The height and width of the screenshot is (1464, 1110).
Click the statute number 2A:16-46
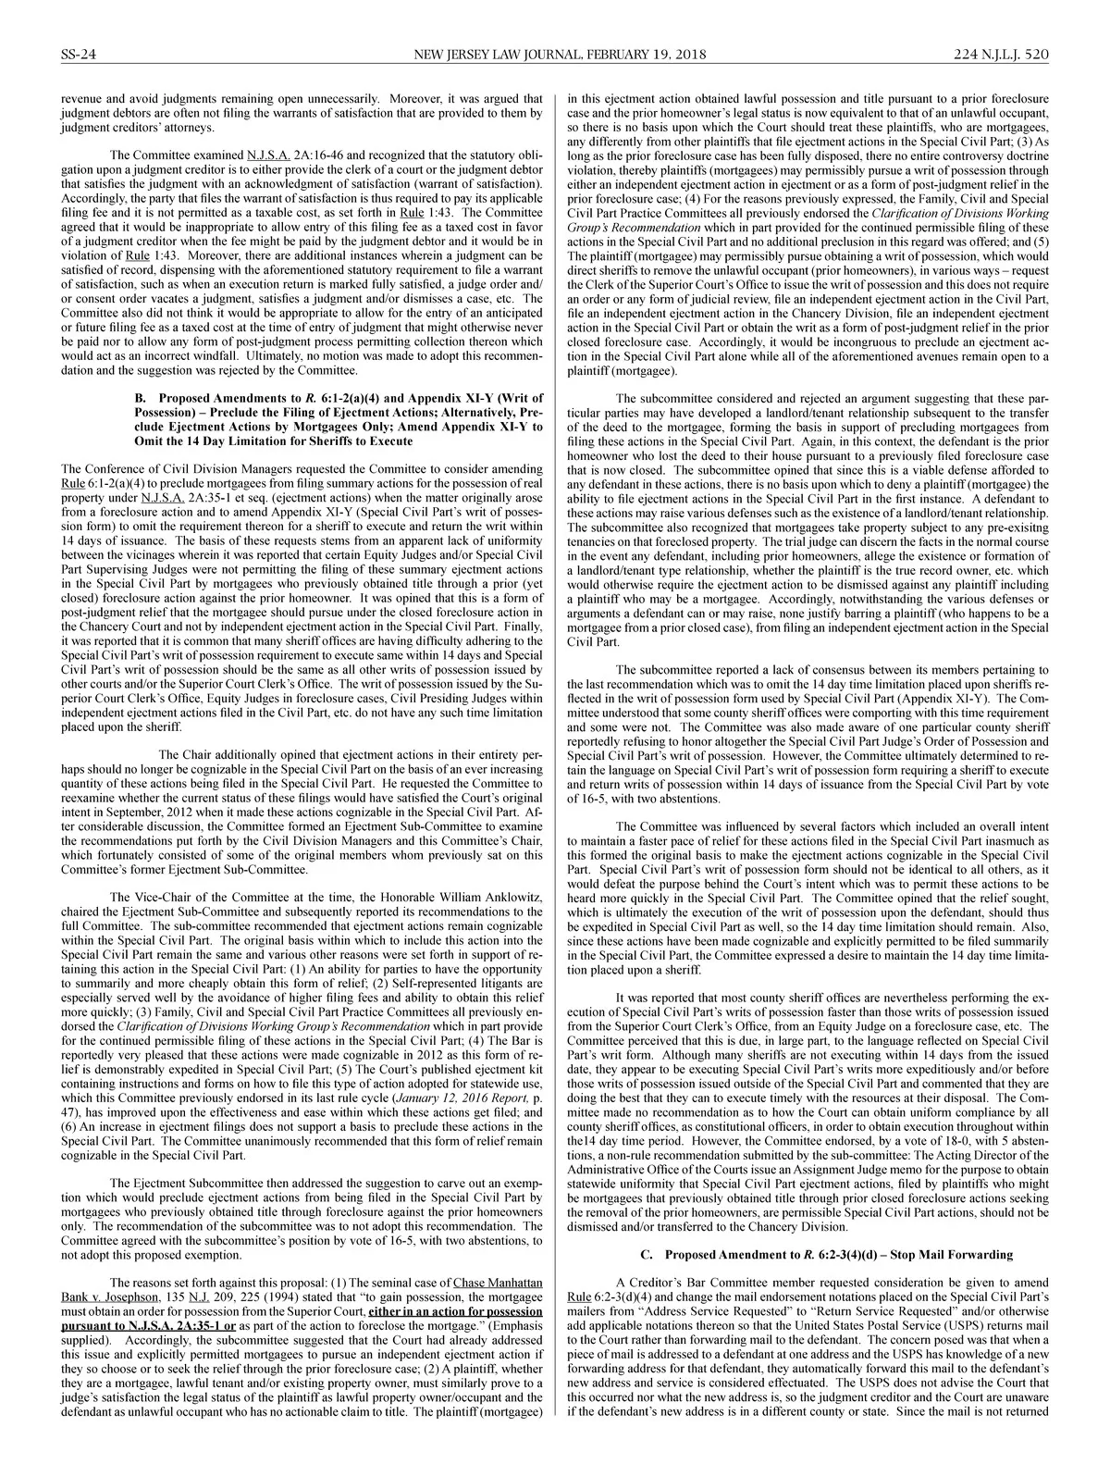pyautogui.click(x=320, y=154)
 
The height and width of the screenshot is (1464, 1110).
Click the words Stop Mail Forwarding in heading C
pyautogui.click(x=947, y=1254)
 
